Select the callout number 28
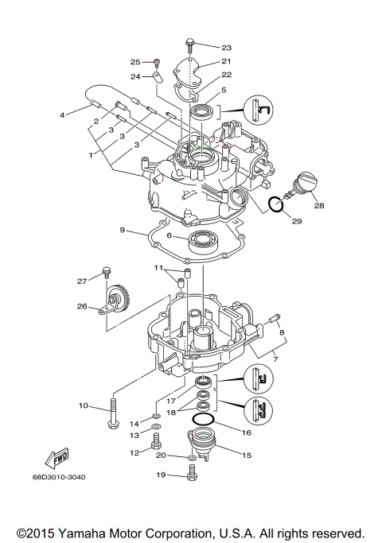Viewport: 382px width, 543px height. click(x=318, y=205)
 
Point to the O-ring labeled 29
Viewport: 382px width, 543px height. click(x=275, y=206)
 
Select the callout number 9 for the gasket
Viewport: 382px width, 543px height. click(x=123, y=231)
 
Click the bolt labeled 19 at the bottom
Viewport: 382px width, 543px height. click(x=191, y=474)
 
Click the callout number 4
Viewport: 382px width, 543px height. click(x=61, y=115)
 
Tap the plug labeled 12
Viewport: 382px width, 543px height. click(x=156, y=449)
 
